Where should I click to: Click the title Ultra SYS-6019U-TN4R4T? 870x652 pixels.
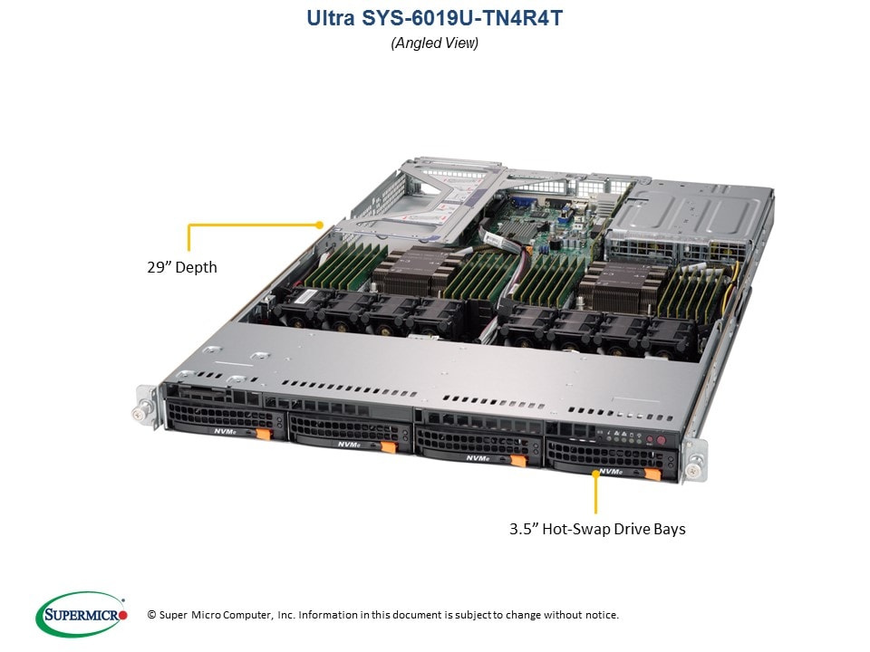[434, 18]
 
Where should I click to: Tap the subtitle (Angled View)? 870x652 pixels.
[434, 43]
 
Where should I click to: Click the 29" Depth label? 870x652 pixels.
[182, 267]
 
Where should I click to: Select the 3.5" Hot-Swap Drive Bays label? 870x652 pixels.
[597, 529]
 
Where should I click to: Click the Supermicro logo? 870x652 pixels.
[82, 614]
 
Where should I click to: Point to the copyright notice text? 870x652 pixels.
[382, 615]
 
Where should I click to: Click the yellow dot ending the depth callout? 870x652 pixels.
[319, 225]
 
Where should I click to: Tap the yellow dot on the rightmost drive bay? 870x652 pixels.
[596, 474]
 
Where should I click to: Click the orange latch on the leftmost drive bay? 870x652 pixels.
[264, 434]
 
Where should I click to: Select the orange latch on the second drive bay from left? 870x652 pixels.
[389, 446]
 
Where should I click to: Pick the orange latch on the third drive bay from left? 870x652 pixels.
[518, 460]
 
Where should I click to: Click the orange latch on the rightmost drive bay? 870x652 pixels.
[652, 474]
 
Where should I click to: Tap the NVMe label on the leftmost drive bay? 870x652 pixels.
[226, 431]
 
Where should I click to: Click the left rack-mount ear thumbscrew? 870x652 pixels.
[137, 413]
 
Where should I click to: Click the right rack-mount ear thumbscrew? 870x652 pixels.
[692, 470]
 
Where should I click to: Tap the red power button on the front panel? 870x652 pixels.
[661, 441]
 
